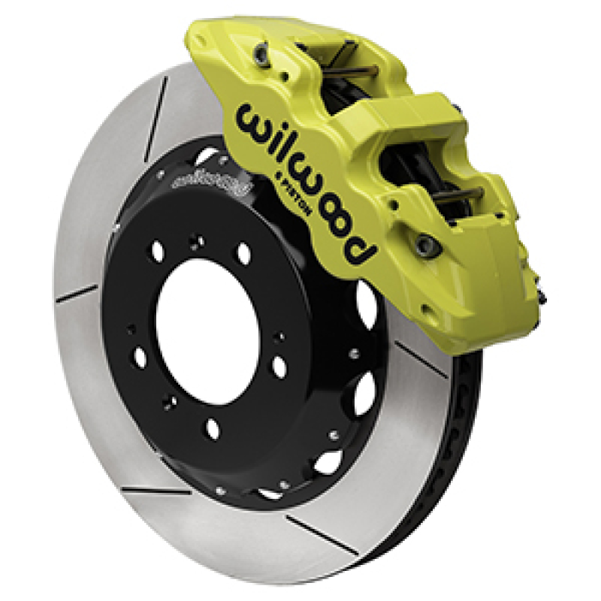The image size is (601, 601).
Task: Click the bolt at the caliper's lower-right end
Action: [x=428, y=243]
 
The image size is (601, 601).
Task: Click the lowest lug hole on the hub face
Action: [x=213, y=430]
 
